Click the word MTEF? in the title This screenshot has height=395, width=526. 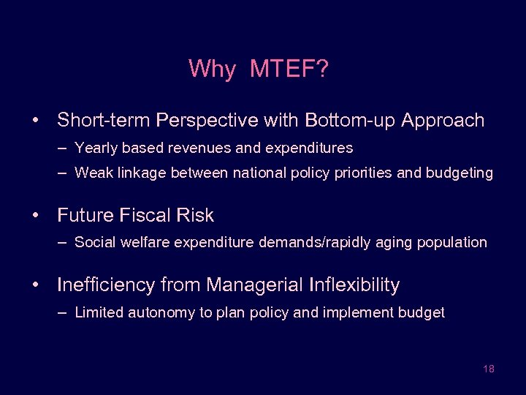point(289,69)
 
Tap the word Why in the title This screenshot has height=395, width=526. point(212,69)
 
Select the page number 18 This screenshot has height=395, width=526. point(489,369)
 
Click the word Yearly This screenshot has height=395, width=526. point(96,148)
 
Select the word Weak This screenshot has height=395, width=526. point(93,173)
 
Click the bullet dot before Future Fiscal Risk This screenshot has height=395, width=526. point(35,216)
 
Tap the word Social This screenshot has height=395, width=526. point(94,243)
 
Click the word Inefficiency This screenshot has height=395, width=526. point(105,285)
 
